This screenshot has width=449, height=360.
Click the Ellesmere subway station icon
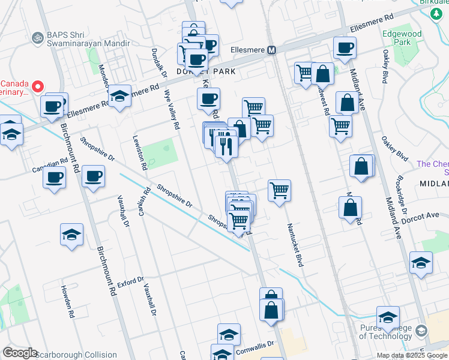tap(271, 50)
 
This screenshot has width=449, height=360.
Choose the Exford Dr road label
tap(131, 281)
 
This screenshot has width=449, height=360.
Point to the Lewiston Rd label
tap(140, 152)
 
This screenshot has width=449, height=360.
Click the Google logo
tap(20, 353)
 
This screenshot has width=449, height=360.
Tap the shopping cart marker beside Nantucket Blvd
tap(280, 191)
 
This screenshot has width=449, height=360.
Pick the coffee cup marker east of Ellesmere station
tap(345, 48)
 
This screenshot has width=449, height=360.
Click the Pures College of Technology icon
tap(421, 331)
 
